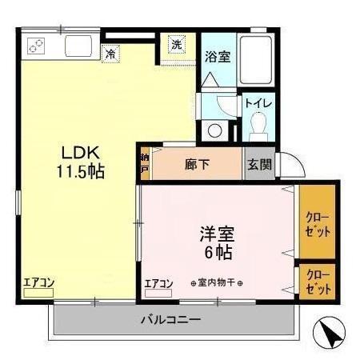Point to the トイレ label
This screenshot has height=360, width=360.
pyautogui.click(x=258, y=104)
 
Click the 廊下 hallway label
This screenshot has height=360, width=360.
pyautogui.click(x=197, y=165)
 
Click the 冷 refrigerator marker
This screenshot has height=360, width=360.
pyautogui.click(x=110, y=54)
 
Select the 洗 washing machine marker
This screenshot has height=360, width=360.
pyautogui.click(x=176, y=46)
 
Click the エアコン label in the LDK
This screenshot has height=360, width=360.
pyautogui.click(x=38, y=282)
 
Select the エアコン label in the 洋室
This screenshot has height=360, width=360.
pyautogui.click(x=159, y=283)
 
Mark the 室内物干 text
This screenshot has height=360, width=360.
pyautogui.click(x=217, y=284)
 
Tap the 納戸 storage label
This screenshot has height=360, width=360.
pyautogui.click(x=145, y=164)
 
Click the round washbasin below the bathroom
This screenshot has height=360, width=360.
pyautogui.click(x=214, y=130)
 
